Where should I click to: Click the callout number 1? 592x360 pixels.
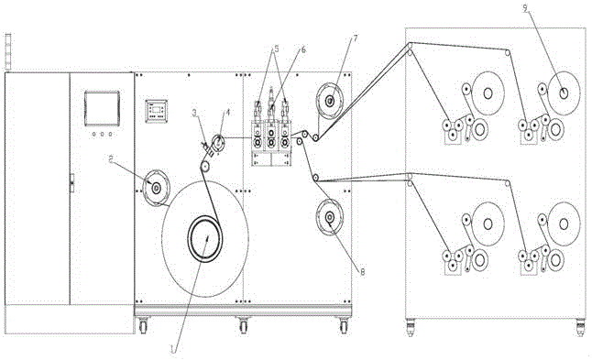(x=173, y=349)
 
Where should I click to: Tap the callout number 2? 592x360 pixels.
(x=111, y=159)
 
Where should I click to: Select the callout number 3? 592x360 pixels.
(x=195, y=113)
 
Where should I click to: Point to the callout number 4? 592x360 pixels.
(x=227, y=112)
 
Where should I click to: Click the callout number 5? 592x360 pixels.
(x=277, y=49)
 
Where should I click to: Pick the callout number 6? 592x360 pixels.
(x=303, y=49)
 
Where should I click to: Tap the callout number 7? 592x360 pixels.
(x=355, y=38)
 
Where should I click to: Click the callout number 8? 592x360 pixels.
(x=363, y=272)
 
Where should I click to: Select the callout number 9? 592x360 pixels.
(x=525, y=8)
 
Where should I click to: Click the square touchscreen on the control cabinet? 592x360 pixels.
(x=102, y=108)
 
